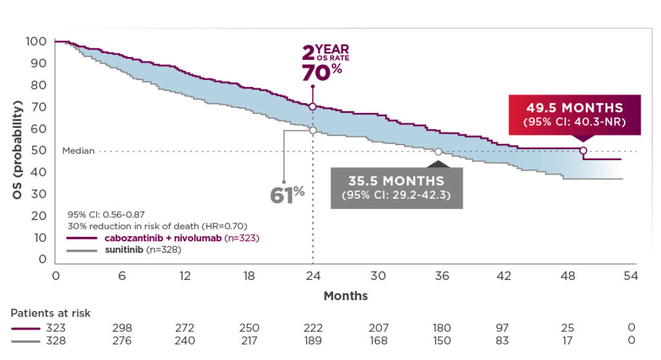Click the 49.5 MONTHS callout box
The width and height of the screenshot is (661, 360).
pos(575,115)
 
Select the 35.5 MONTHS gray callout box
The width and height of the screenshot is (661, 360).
pos(396,187)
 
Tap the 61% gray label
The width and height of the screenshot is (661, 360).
pos(287,194)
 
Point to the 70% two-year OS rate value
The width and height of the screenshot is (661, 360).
pos(321,72)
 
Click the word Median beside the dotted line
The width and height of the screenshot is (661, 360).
pos(78,151)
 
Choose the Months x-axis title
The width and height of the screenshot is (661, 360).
pos(346,296)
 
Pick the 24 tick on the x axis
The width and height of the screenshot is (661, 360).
pos(313,275)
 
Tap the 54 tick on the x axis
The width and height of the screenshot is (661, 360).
pos(631,275)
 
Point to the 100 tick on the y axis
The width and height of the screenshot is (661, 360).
pos(36,41)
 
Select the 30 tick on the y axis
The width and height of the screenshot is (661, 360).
pos(39,194)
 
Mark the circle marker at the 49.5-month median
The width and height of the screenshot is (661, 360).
pos(583,150)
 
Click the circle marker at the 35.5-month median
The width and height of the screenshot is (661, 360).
pos(438,152)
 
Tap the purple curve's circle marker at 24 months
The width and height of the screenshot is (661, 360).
pos(312,106)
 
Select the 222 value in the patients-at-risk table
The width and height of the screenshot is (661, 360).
pos(313,328)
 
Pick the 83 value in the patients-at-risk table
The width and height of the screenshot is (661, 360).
pos(504,341)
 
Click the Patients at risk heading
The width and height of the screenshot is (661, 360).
pos(50,313)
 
